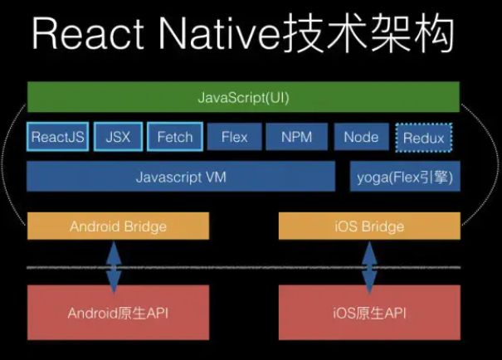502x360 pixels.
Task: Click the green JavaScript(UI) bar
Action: pyautogui.click(x=243, y=98)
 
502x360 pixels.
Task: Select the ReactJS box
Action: pyautogui.click(x=57, y=137)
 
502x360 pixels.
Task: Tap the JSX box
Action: pyautogui.click(x=119, y=137)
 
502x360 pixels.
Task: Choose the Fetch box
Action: pyautogui.click(x=175, y=137)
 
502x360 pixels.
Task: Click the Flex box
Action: pyautogui.click(x=235, y=137)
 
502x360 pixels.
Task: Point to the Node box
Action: pyautogui.click(x=361, y=137)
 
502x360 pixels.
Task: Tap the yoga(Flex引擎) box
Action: pyautogui.click(x=405, y=177)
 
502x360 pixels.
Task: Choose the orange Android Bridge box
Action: pyautogui.click(x=118, y=226)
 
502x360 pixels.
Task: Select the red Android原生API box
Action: pyautogui.click(x=118, y=312)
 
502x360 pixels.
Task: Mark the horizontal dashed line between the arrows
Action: pyautogui.click(x=241, y=267)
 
